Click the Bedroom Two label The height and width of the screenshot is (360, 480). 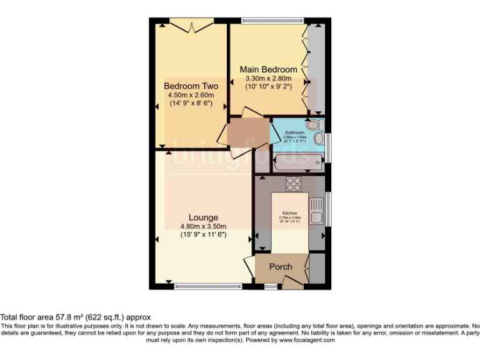pyautogui.click(x=191, y=86)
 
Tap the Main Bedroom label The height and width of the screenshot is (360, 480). pyautogui.click(x=271, y=69)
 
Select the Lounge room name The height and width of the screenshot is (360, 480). pyautogui.click(x=202, y=217)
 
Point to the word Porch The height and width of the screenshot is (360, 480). pyautogui.click(x=281, y=267)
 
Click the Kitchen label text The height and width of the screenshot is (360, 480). pyautogui.click(x=289, y=212)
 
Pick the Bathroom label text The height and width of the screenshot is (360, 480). pyautogui.click(x=294, y=132)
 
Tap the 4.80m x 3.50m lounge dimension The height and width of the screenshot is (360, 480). pyautogui.click(x=202, y=226)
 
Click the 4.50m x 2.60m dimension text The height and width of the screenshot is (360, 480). pyautogui.click(x=191, y=94)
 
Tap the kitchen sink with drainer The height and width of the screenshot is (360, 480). pyautogui.click(x=316, y=211)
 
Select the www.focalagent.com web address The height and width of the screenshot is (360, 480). pyautogui.click(x=307, y=341)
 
